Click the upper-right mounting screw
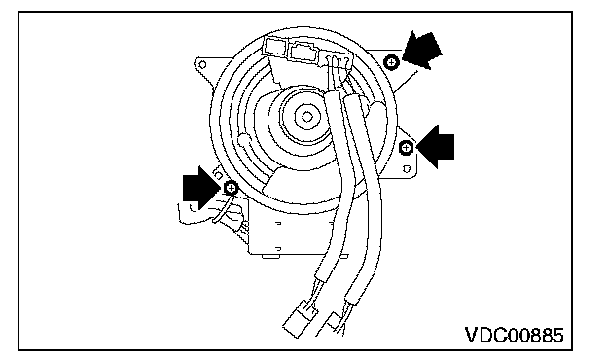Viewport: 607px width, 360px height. coord(391,62)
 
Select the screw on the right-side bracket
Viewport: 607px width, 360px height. coord(406,148)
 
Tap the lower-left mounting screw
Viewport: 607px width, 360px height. coord(231,188)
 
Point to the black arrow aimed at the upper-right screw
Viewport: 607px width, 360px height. coord(422,50)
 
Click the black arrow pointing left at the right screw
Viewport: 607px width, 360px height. coord(436,147)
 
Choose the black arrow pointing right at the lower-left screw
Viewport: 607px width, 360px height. coord(201,188)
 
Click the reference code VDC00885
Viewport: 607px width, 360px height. coord(514,336)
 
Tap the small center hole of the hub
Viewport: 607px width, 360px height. coord(307,117)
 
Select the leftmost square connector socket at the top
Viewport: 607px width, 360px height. coord(275,48)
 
